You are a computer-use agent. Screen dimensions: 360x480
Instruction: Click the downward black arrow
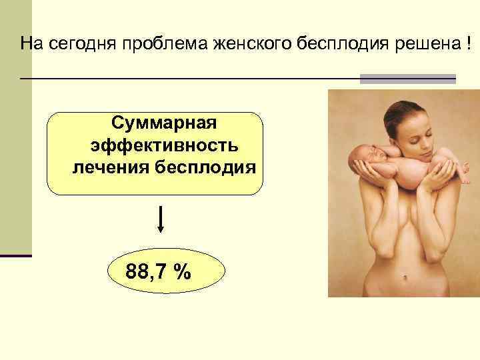tap(161, 220)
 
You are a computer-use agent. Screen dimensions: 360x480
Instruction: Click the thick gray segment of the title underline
tap(407, 79)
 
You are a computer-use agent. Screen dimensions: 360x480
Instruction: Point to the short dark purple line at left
tap(16, 255)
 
